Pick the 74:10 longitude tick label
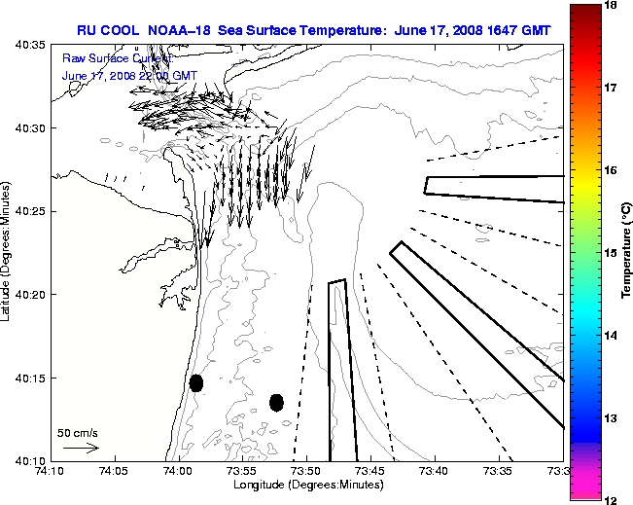tap(52, 471)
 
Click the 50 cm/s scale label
tap(78, 432)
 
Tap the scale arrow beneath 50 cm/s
tap(81, 448)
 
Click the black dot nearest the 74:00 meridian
tap(195, 382)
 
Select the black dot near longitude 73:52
tap(276, 402)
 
